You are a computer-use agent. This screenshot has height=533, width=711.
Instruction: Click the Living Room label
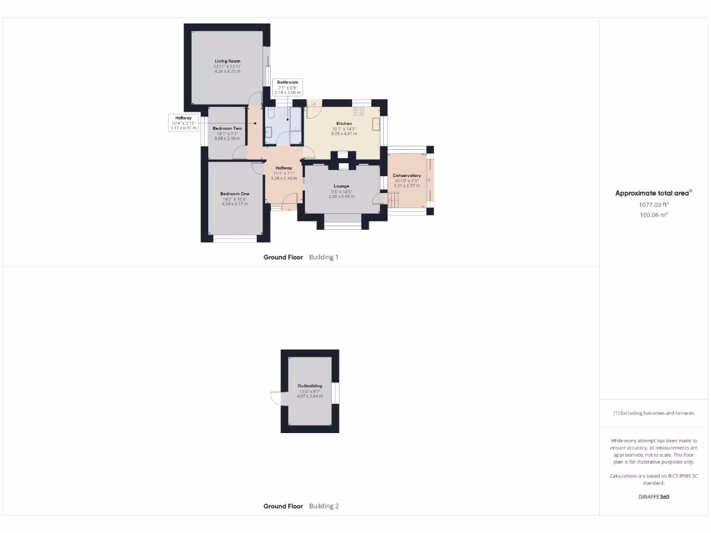(227, 62)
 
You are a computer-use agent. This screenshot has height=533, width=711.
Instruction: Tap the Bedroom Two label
(227, 129)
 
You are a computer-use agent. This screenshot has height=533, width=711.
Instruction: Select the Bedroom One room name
(235, 194)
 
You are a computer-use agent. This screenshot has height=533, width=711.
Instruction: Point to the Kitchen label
(344, 124)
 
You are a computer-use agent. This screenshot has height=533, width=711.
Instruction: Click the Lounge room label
(341, 186)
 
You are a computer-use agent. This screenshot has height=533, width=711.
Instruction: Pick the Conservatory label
(407, 176)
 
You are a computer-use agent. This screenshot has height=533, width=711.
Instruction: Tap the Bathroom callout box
(287, 87)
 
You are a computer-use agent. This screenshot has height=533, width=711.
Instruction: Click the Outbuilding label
(310, 386)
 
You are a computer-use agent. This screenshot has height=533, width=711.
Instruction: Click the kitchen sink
(376, 124)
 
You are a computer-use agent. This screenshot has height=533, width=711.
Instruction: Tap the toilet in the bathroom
(272, 113)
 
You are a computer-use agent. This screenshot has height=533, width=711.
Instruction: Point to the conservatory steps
(394, 201)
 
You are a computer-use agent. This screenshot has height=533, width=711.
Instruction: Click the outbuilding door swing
(276, 400)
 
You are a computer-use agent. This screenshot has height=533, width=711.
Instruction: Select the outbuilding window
(335, 392)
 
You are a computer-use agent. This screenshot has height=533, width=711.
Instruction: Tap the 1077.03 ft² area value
(653, 205)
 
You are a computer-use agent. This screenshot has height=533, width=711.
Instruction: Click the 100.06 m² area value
(653, 215)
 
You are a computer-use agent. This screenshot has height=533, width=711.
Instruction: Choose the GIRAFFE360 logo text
(653, 497)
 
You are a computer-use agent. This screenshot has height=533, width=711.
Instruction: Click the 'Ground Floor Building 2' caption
(301, 507)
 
